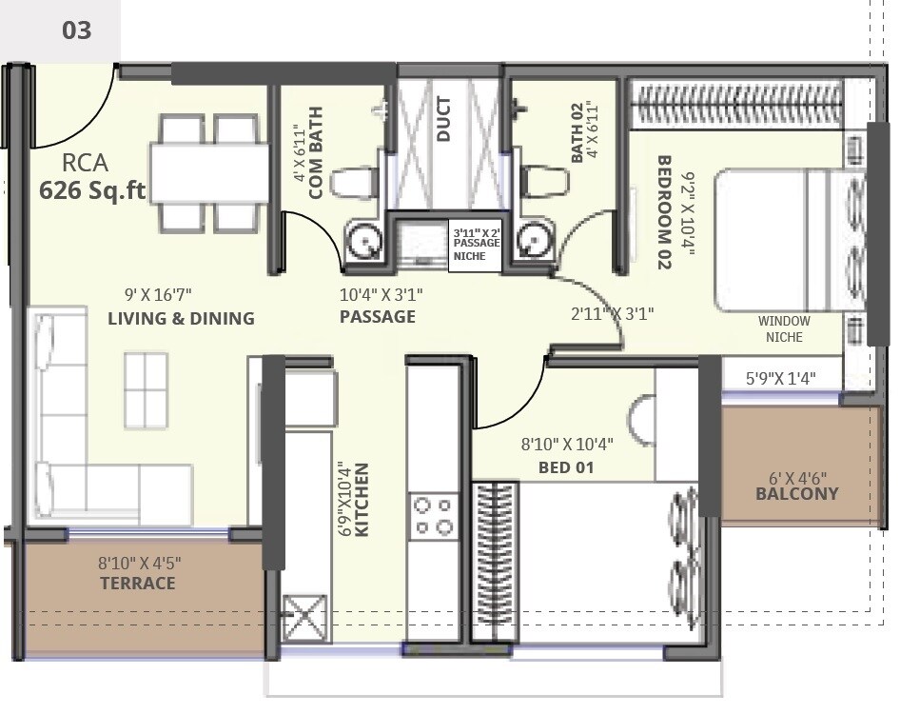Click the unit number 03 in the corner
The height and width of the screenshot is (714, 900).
[x=76, y=30]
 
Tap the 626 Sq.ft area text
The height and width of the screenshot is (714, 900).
[x=91, y=190]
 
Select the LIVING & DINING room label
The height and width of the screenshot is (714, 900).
[x=181, y=319]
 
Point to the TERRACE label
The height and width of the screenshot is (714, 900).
[x=138, y=584]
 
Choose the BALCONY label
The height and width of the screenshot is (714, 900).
[x=797, y=494]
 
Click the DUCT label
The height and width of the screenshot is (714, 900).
[x=444, y=119]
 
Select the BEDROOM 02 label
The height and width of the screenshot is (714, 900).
[x=664, y=212]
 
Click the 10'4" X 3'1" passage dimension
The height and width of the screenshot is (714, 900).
[x=381, y=295]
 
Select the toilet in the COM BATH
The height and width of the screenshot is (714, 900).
[x=354, y=181]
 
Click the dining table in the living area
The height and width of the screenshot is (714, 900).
[x=208, y=173]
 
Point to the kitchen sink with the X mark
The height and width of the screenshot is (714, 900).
[x=304, y=620]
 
